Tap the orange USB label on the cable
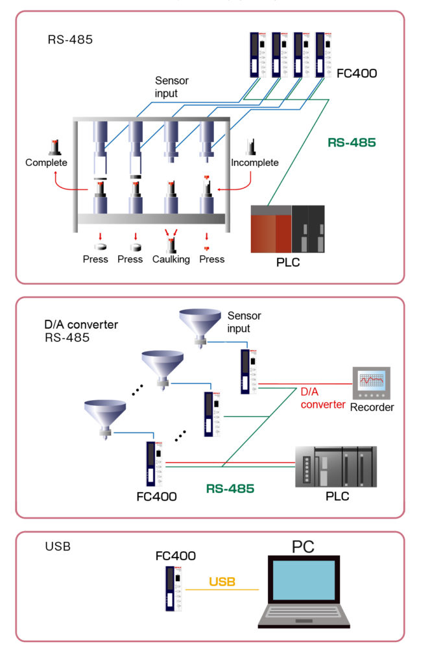(222, 582)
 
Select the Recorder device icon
(372, 385)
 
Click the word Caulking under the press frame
(171, 259)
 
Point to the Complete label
(46, 163)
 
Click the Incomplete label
(255, 163)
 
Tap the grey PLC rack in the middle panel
(335, 466)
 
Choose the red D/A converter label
(322, 398)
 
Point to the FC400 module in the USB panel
(173, 587)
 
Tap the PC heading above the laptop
(303, 546)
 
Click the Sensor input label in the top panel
(172, 88)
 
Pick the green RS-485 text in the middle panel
(230, 488)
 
